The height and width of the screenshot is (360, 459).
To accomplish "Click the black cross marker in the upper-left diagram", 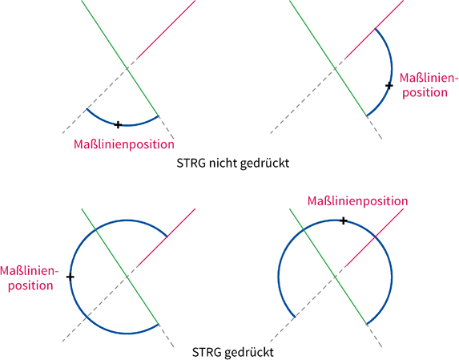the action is click(x=118, y=125).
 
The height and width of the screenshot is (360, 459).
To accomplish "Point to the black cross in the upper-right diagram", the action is click(x=389, y=86).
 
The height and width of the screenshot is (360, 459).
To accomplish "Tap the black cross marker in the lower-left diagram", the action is click(x=70, y=277).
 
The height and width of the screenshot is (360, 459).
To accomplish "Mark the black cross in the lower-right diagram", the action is click(x=344, y=220).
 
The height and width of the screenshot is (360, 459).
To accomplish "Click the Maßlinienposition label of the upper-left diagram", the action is click(x=124, y=144).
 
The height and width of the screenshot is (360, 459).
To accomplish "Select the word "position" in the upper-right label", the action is click(x=425, y=93).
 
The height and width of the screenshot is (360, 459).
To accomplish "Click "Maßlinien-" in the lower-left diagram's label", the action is click(x=29, y=271).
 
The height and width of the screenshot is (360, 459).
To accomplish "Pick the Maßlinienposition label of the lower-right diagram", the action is click(x=357, y=201).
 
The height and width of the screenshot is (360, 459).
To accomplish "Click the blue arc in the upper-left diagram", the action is click(x=127, y=125).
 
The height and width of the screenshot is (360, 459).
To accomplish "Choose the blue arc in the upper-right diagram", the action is click(x=392, y=72).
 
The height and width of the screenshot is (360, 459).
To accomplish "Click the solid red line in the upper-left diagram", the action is click(x=166, y=30).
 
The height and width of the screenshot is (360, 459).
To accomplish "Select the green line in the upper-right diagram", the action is click(x=328, y=58).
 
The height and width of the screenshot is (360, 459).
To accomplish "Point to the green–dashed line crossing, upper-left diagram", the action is click(x=127, y=69).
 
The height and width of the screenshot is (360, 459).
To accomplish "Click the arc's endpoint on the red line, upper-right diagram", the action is click(x=375, y=28).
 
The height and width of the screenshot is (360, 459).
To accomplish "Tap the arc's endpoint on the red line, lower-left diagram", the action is click(x=167, y=236).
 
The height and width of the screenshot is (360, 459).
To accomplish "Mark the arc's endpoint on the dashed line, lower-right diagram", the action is click(x=295, y=317).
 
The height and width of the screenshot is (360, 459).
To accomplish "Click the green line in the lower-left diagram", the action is click(x=119, y=266).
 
